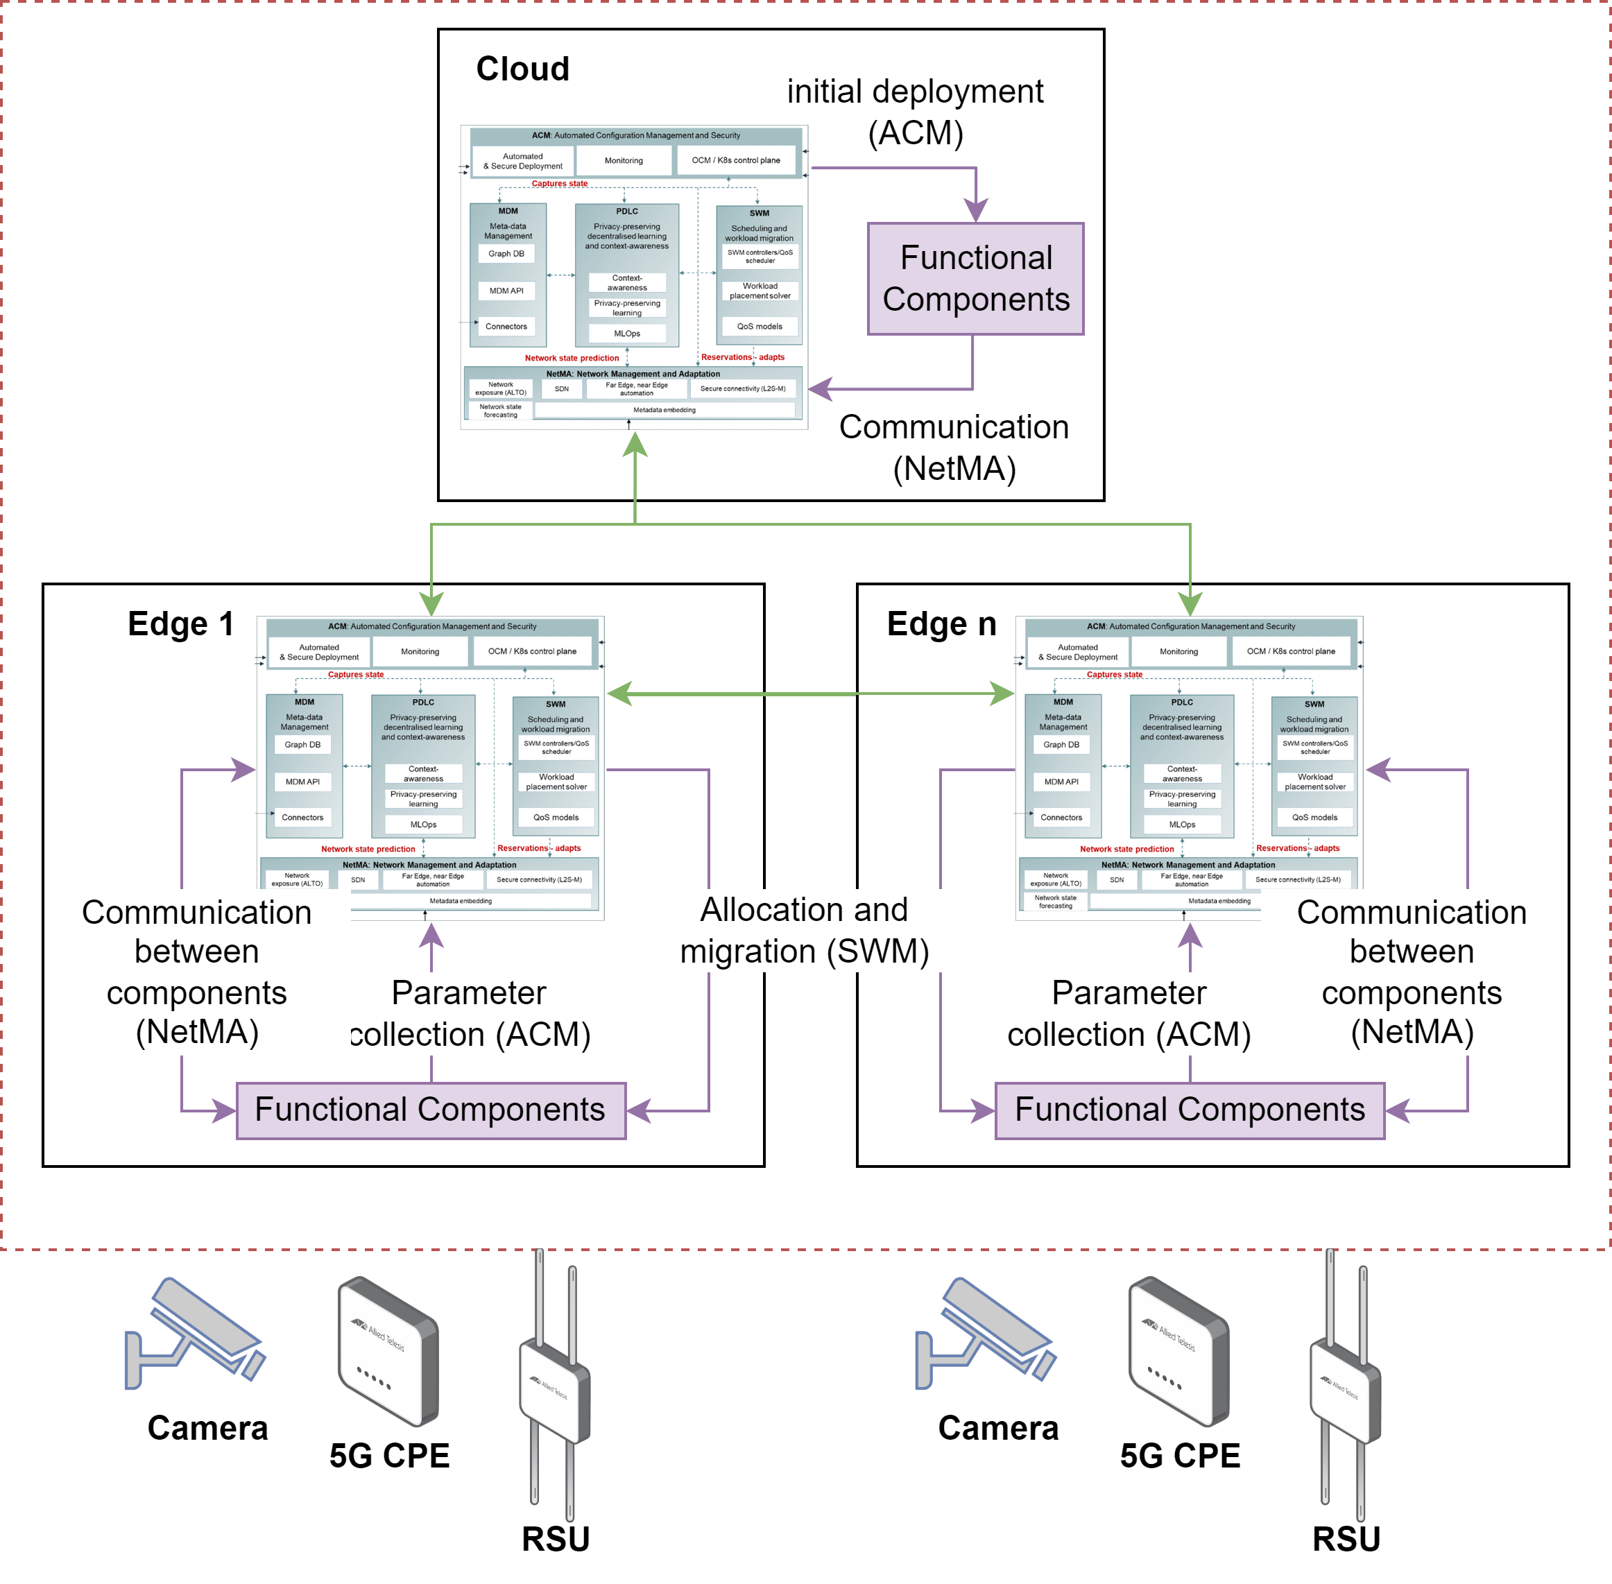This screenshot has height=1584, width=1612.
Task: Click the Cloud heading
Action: coord(522,69)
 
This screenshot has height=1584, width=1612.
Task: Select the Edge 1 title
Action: coord(180,624)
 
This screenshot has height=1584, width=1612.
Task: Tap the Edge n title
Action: coord(941,624)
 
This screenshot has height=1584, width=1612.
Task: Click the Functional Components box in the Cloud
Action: coord(975,279)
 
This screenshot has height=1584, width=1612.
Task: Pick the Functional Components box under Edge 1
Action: coord(430,1110)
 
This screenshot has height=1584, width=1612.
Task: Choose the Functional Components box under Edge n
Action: coord(1190,1110)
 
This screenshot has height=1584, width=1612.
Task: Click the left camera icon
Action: coord(195,1334)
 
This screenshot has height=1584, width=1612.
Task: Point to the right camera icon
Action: coord(986,1334)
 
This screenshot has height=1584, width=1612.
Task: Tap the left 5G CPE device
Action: coord(388,1351)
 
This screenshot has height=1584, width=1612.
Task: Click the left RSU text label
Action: coord(555,1539)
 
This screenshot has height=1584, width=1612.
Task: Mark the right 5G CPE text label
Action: coord(1179,1456)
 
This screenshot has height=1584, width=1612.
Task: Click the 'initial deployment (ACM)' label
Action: coord(915,112)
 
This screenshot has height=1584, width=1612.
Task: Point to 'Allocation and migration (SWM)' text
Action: coord(804,930)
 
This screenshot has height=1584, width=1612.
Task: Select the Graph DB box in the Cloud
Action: coord(506,254)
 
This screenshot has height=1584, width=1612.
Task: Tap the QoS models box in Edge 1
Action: coord(556,818)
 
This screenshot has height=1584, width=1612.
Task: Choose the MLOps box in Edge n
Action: coord(1182,825)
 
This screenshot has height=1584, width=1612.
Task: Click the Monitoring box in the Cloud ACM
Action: coord(624,161)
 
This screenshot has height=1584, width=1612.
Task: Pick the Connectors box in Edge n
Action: coord(1061,818)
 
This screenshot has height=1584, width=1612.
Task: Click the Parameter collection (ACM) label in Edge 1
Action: coord(470,1013)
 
